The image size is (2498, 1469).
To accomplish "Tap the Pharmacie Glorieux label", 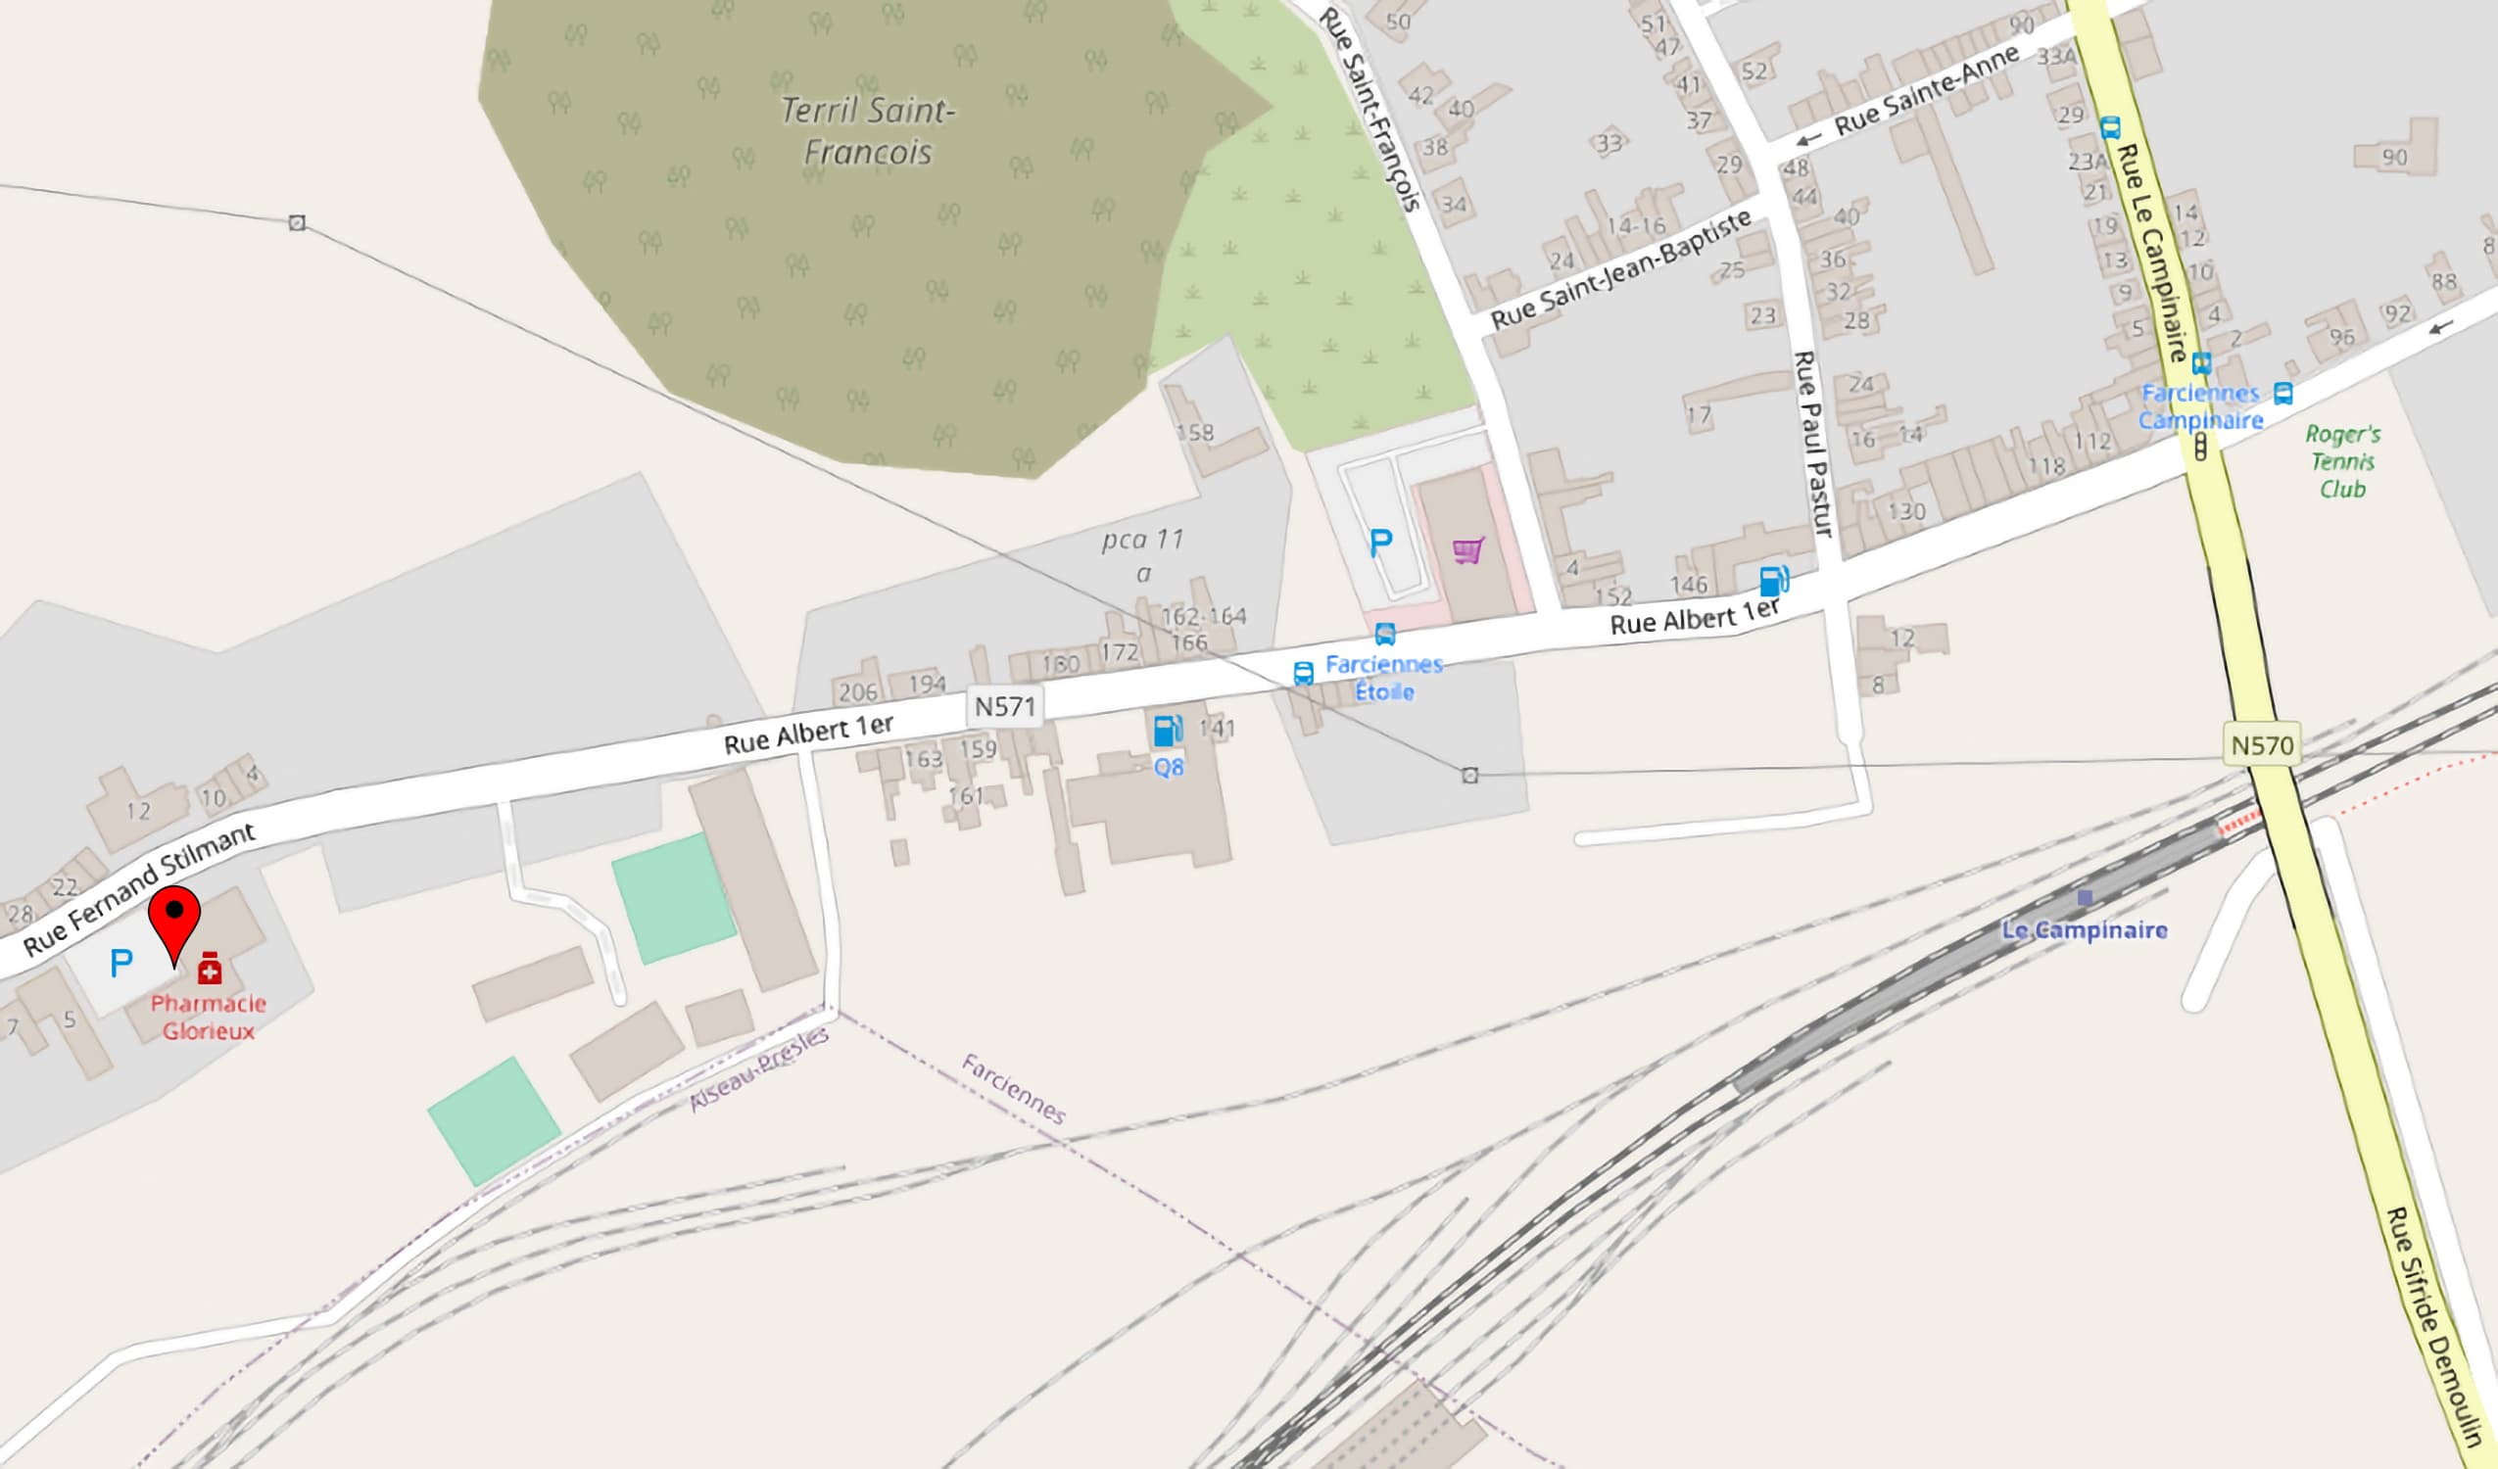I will [x=208, y=1017].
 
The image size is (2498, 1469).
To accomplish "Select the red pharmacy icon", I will [x=210, y=969].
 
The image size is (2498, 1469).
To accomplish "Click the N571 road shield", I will [x=1004, y=707].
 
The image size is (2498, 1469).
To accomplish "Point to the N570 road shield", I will [x=2262, y=744].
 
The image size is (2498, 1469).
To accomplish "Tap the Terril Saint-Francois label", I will [x=867, y=131].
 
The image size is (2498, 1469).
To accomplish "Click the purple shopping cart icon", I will [x=1468, y=550].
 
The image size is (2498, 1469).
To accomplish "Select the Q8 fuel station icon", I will [x=1168, y=732].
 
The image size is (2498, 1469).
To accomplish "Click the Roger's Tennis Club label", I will [x=2342, y=461].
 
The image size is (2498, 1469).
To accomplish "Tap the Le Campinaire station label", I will [x=2084, y=929].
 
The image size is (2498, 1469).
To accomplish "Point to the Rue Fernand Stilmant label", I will [x=139, y=888].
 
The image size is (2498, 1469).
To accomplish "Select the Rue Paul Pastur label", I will [x=1813, y=444].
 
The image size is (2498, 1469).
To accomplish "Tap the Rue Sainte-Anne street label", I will [x=1926, y=91].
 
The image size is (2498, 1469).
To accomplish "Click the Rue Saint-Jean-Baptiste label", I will [x=1620, y=269].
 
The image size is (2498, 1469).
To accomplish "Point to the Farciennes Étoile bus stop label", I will [x=1384, y=678].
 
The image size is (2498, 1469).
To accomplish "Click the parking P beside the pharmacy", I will [x=120, y=963].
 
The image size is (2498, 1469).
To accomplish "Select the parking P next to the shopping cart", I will [x=1381, y=543].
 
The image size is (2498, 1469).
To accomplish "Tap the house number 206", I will [x=857, y=691].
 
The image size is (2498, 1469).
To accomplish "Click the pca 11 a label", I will [x=1143, y=555].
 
